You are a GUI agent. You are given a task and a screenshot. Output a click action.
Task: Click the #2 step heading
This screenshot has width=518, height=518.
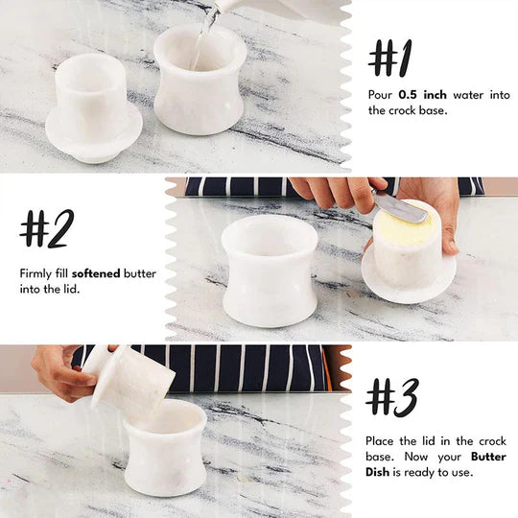tap(46, 229)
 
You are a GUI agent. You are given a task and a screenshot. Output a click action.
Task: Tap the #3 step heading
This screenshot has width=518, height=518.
tap(391, 397)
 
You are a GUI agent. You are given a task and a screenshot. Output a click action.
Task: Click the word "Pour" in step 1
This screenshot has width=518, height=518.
tap(380, 95)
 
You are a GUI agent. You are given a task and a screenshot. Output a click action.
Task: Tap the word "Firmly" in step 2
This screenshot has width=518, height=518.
tap(36, 273)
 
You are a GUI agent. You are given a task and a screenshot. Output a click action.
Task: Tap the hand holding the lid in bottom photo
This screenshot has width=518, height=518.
tap(62, 372)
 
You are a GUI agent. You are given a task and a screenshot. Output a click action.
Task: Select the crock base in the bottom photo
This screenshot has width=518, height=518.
tap(165, 451)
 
